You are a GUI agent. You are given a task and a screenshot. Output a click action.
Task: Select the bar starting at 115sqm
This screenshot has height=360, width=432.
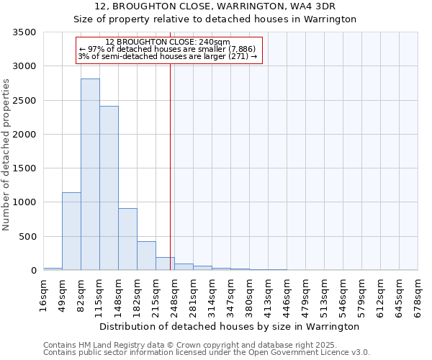pos(109,188)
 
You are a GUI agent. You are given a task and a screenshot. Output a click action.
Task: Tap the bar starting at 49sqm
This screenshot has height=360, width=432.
pos(71,231)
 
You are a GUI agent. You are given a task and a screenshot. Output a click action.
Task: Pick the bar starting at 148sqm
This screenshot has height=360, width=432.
pos(127,239)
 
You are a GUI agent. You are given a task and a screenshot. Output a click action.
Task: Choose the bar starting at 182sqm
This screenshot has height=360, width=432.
pos(146,256)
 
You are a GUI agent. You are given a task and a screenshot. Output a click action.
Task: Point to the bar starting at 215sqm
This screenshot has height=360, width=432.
pos(165,264)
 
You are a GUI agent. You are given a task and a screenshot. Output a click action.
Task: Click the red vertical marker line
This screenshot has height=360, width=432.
pos(170,158)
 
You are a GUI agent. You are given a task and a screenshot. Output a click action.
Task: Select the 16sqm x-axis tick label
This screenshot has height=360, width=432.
pos(43,295)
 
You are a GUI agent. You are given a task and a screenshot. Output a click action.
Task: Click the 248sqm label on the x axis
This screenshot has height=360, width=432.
pos(174,295)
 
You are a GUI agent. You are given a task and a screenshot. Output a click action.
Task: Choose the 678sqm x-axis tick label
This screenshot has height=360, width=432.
pos(418,295)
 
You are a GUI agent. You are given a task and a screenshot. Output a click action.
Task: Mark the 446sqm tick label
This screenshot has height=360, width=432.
pos(287,295)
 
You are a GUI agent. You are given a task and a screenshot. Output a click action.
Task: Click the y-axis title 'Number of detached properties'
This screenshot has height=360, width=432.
pos(7,155)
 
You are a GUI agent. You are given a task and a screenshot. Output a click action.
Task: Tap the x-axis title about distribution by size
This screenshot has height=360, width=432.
pos(229,326)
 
